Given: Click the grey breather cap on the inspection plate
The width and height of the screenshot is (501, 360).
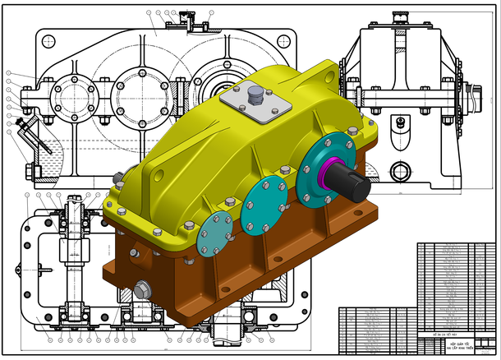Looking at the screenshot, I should (254, 95).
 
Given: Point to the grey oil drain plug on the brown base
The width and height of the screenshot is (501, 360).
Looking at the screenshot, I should (143, 288).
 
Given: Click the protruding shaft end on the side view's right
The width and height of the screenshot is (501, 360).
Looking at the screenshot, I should (476, 101).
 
